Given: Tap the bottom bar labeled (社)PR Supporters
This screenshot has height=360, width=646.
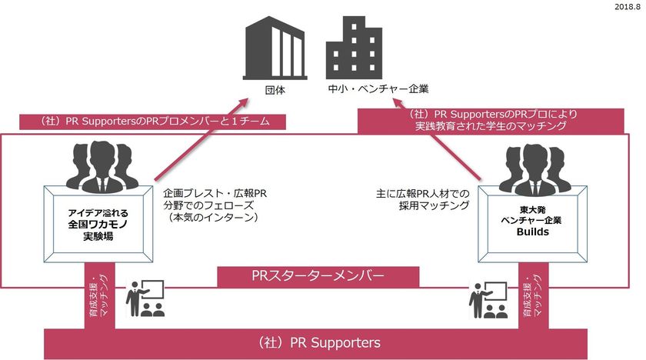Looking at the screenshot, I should point(319,342).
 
